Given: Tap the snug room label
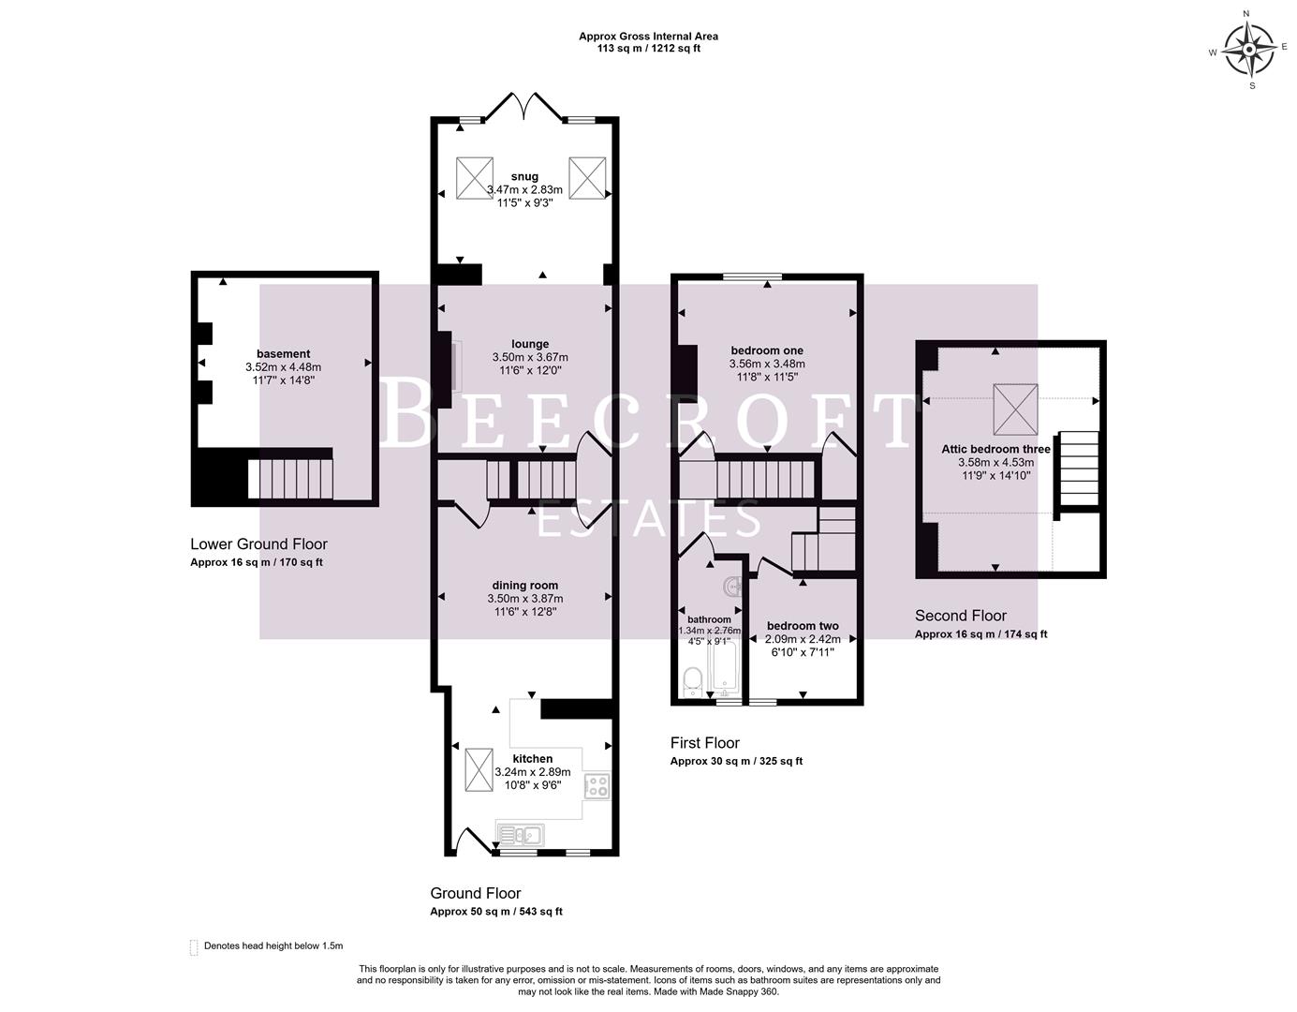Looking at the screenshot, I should (x=524, y=176).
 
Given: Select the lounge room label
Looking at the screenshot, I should (x=530, y=344).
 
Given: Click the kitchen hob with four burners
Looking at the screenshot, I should (x=597, y=785).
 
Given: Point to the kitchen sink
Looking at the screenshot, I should (x=519, y=833).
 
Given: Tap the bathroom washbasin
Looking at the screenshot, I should (x=732, y=587).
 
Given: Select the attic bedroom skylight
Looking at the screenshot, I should (x=1015, y=409).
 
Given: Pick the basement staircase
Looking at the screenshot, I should (x=290, y=478).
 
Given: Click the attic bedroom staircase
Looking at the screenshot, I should (x=1078, y=469).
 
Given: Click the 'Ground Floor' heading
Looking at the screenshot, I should (x=475, y=893).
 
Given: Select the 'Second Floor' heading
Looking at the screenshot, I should (x=960, y=616).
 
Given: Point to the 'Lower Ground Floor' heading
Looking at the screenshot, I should (x=258, y=544).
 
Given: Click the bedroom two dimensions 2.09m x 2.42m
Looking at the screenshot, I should (x=802, y=639).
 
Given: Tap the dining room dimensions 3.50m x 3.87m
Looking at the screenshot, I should (x=524, y=598).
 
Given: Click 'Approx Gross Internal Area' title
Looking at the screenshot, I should (x=648, y=37).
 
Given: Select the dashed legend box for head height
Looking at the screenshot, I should (x=194, y=946).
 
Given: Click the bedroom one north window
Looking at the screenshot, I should (x=752, y=276).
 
